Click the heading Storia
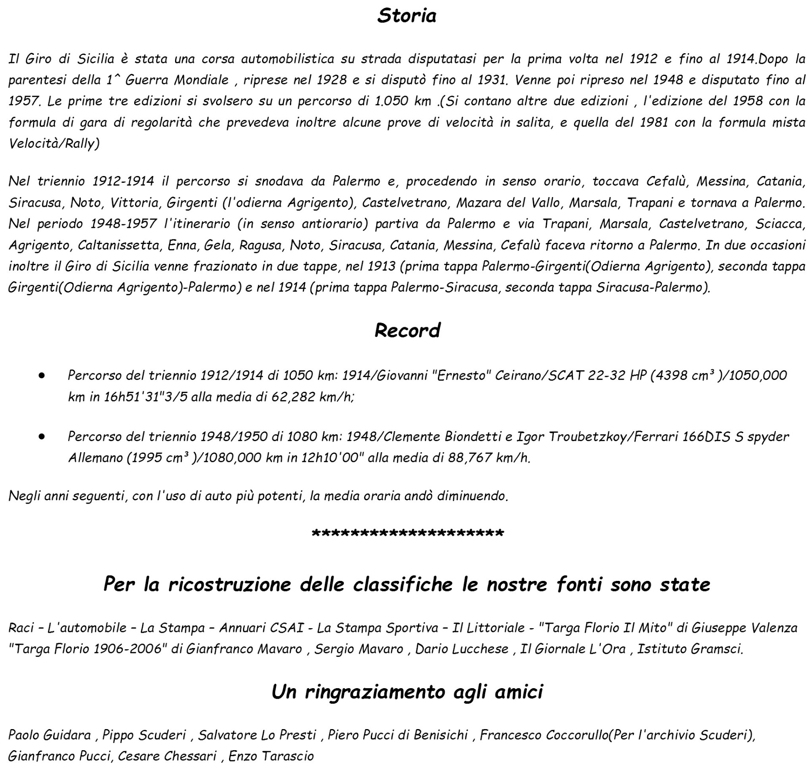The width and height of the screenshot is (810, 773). click(407, 16)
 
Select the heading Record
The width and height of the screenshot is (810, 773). click(407, 330)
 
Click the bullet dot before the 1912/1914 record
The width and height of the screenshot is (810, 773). click(41, 375)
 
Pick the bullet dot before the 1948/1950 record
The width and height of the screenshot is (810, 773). click(41, 436)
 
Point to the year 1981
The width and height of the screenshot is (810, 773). click(654, 122)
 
